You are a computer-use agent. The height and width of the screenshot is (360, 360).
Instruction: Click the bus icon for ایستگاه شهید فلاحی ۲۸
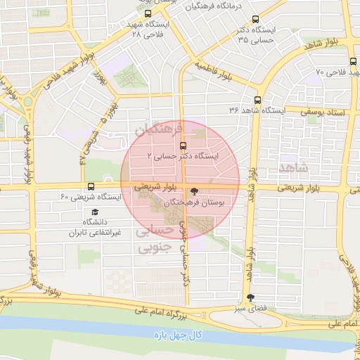pyautogui.click(x=147, y=13)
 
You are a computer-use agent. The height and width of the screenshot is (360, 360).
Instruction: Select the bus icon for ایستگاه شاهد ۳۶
pyautogui.click(x=258, y=100)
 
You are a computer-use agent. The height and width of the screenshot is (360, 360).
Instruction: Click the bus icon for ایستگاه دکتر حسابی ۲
pyautogui.click(x=183, y=146)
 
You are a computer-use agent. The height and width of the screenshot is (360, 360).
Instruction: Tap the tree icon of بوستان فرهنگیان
pyautogui.click(x=195, y=191)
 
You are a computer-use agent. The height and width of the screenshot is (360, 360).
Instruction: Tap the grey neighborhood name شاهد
pyautogui.click(x=294, y=167)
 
